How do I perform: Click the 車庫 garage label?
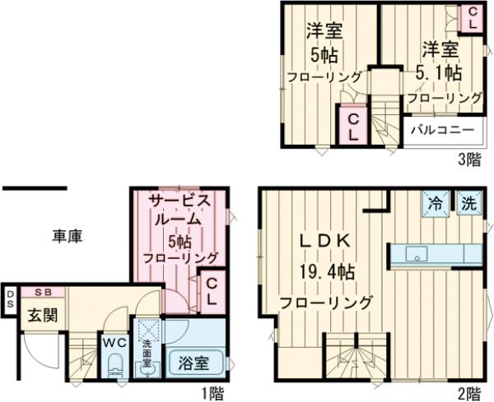[x=68, y=237]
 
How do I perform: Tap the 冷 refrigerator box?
[x=434, y=203]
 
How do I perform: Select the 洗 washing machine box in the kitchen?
[x=468, y=203]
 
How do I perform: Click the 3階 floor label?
[x=468, y=159]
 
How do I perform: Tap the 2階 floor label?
[x=468, y=393]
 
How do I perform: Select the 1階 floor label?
[x=212, y=393]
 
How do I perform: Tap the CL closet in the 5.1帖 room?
[x=471, y=18]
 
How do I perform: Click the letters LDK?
[x=324, y=242]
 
